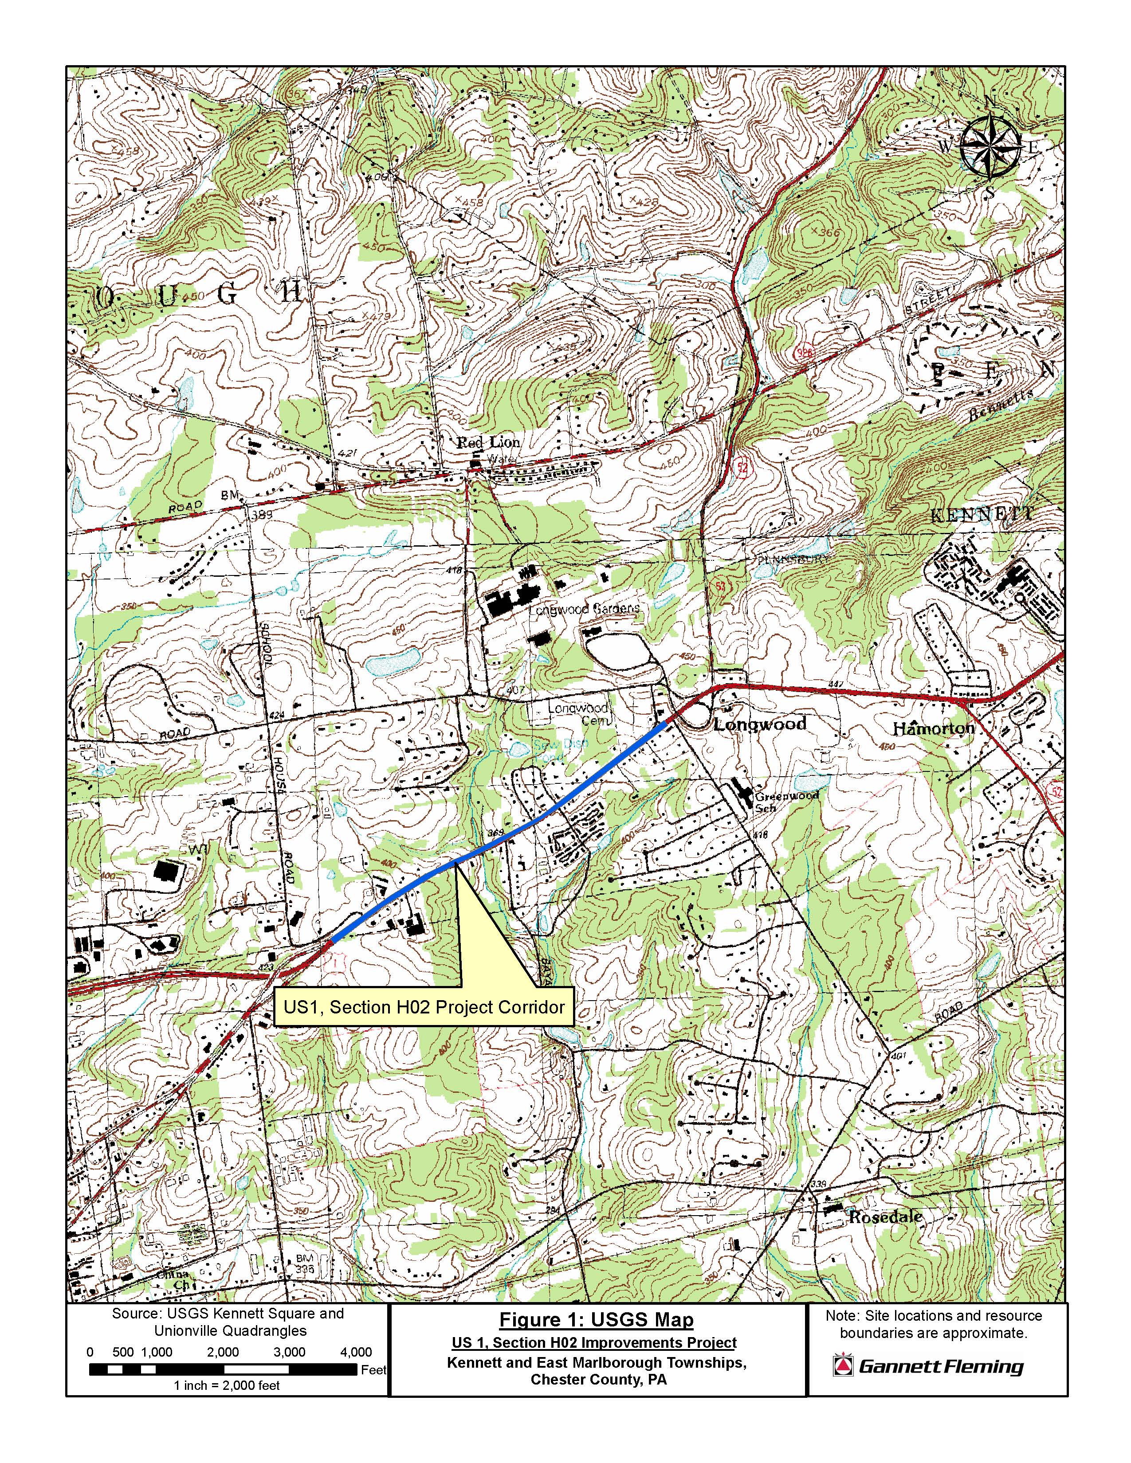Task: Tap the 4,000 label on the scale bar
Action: point(355,1352)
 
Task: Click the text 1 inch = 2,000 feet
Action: point(227,1385)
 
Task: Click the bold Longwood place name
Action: point(759,724)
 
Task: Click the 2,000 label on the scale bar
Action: point(223,1352)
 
